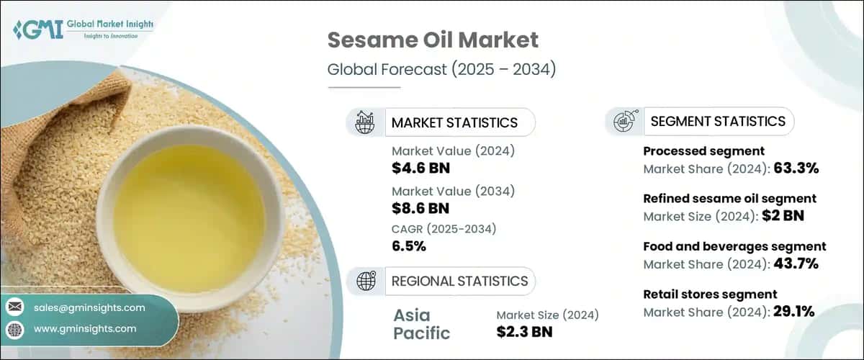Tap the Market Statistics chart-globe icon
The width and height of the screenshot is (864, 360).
coord(365,122)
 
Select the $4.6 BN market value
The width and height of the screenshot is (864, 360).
coord(421,168)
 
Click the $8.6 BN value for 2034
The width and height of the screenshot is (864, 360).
coord(421,209)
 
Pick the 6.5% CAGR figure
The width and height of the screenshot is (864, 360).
coord(409,246)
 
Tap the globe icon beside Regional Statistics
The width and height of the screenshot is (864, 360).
coord(365,281)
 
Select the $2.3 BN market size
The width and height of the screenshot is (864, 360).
coord(525,332)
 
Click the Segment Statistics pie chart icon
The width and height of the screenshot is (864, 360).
coord(624,122)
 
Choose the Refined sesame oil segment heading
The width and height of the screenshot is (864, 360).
coord(729,198)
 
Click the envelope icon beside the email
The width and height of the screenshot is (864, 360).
coord(14,307)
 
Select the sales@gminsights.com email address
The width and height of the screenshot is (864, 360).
coord(89,307)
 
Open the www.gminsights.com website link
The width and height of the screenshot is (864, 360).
coord(84,329)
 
